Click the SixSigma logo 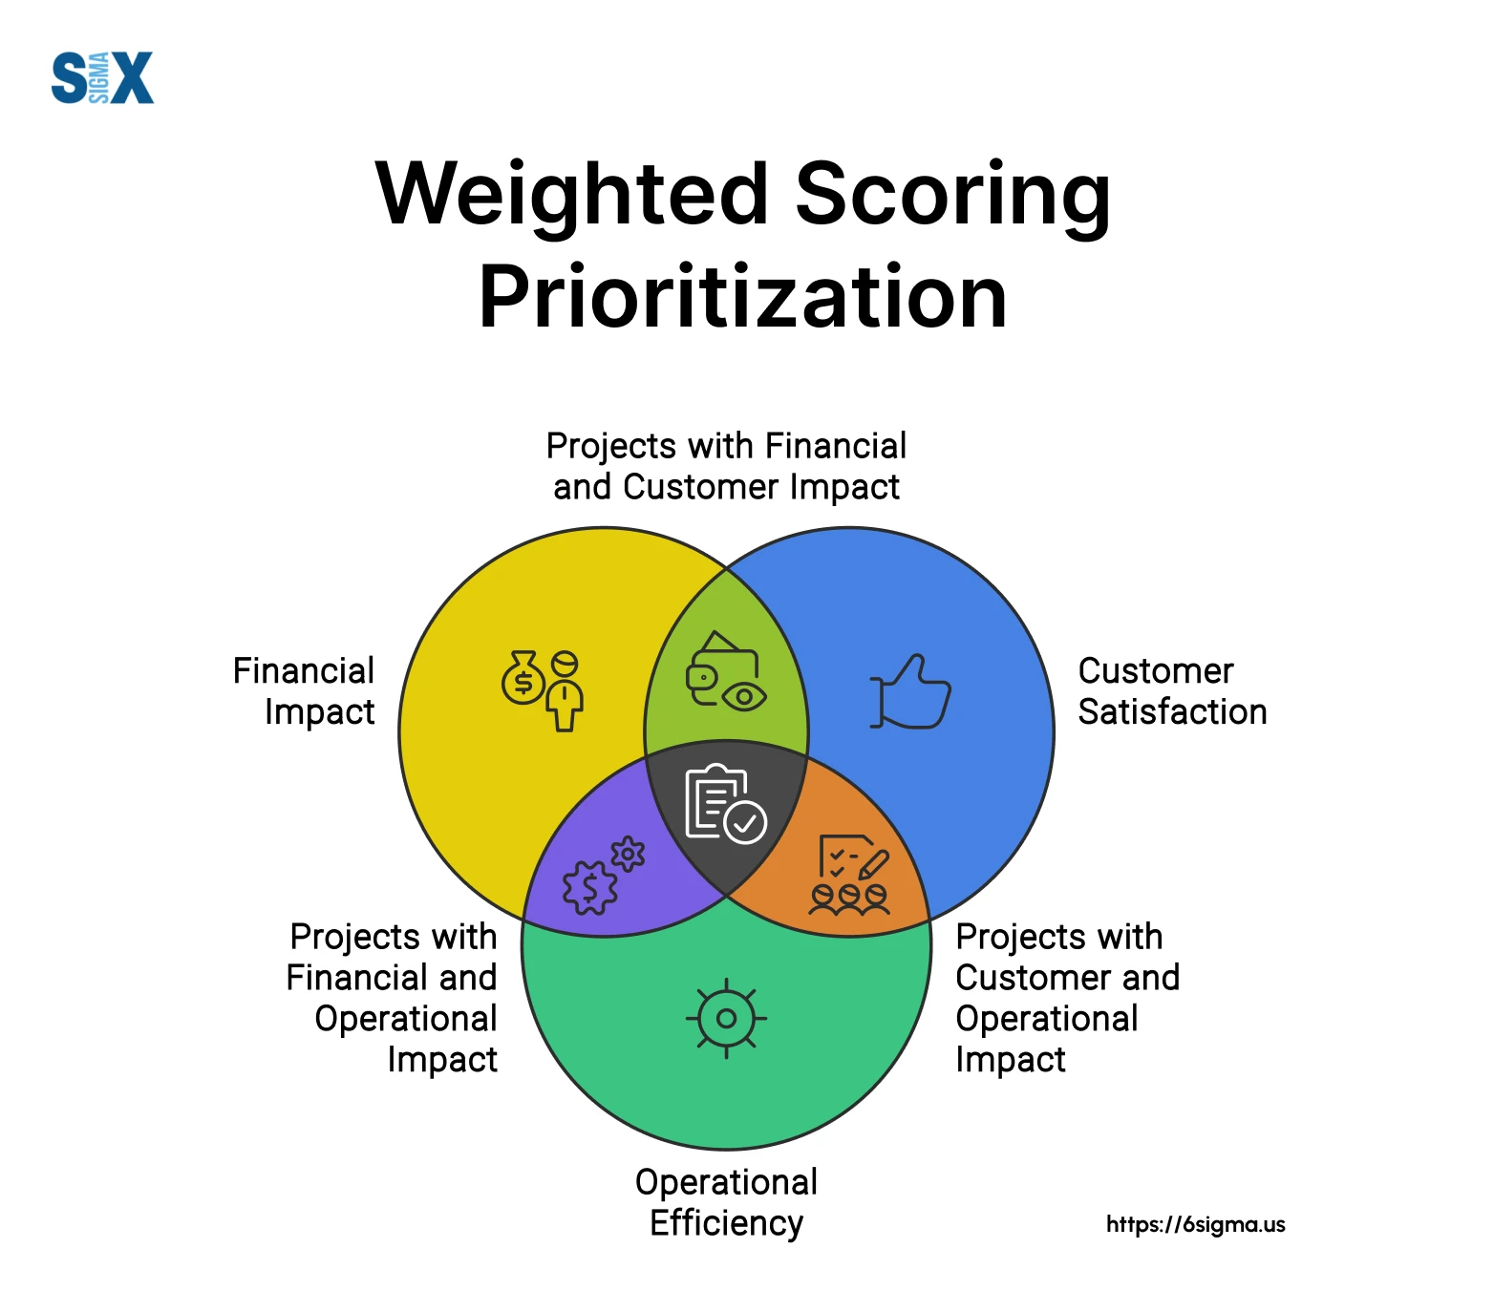point(102,77)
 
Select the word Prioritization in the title point(742,297)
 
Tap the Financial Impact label point(304,691)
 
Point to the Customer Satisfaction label point(1172,691)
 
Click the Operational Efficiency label point(726,1202)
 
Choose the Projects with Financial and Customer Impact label point(726,466)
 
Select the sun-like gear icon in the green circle point(726,1018)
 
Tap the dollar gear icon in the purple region point(590,887)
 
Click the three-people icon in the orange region point(849,899)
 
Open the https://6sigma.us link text point(1195,1224)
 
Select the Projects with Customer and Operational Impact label point(1067,998)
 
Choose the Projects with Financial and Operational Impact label point(392,998)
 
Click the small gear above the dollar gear point(628,854)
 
